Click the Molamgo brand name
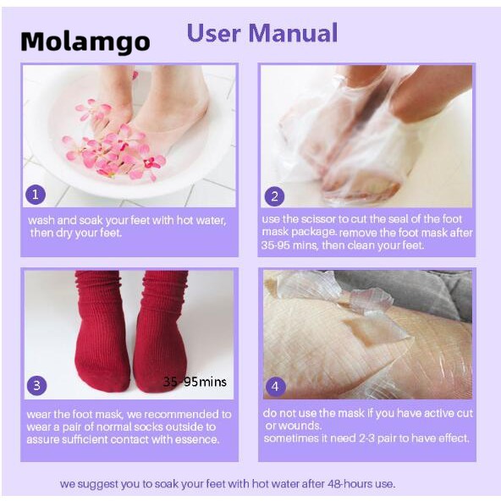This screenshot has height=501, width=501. pyautogui.click(x=85, y=41)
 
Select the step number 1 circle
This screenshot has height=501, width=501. pyautogui.click(x=36, y=195)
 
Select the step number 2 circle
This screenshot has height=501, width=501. pyautogui.click(x=274, y=197)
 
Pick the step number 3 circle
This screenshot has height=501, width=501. pyautogui.click(x=36, y=386)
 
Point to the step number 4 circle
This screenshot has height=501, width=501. pyautogui.click(x=275, y=387)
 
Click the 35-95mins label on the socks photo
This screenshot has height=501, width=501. pyautogui.click(x=195, y=382)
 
